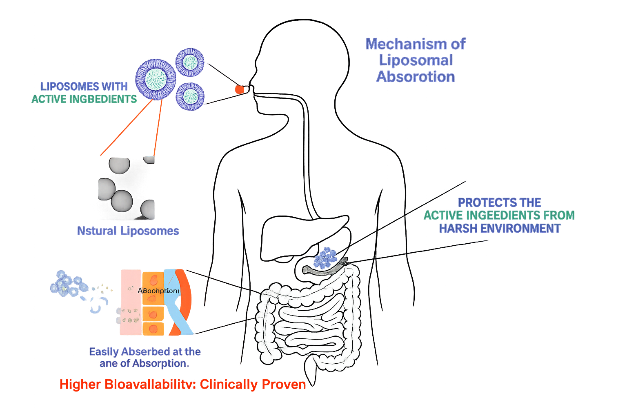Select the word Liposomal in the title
[x=416, y=60]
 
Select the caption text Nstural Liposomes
[x=128, y=231]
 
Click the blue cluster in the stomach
[x=326, y=258]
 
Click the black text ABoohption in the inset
[x=158, y=291]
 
